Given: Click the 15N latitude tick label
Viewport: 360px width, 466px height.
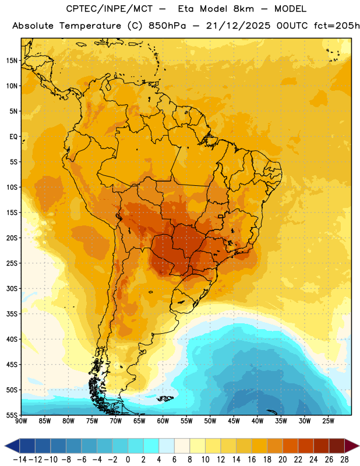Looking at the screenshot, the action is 12,61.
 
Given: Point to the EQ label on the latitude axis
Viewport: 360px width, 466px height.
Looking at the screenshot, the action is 13,137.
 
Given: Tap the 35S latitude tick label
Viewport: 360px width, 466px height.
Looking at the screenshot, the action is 12,314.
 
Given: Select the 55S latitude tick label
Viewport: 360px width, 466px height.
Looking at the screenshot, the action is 12,415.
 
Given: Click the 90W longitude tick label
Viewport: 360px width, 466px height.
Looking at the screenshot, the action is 21,421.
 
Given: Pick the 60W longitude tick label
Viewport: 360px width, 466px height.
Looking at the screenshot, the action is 163,421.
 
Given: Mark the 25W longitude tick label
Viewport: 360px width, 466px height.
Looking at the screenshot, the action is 328,421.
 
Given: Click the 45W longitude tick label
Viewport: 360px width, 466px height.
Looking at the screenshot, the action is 234,421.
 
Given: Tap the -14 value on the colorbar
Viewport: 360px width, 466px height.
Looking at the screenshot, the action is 20,460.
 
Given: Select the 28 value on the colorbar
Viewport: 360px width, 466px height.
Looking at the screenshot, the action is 344,460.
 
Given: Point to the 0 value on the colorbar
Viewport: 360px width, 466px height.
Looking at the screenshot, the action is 128,460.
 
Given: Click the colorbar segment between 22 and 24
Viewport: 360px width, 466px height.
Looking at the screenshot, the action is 306,446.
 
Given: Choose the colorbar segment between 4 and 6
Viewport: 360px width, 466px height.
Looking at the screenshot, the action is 167,446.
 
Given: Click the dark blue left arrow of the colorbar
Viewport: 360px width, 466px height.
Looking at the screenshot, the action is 12,446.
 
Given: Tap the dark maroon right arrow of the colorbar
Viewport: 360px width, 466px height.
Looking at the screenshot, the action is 352,446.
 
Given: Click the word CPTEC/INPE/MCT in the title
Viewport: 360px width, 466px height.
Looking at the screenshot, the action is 110,9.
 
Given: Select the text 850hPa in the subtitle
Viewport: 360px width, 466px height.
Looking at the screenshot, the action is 167,26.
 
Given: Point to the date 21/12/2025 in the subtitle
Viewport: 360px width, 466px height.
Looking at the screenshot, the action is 238,26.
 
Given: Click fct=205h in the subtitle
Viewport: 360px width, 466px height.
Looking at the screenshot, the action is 337,26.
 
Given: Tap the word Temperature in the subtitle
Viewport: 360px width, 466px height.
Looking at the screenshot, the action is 90,26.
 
